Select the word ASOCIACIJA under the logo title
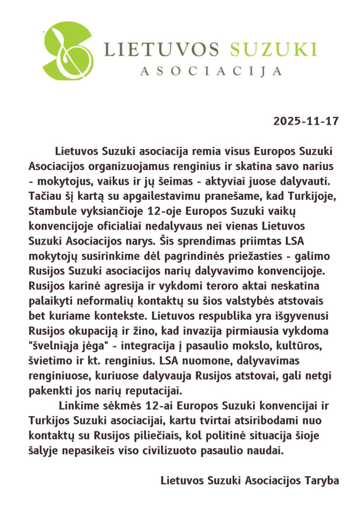tap(211, 71)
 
